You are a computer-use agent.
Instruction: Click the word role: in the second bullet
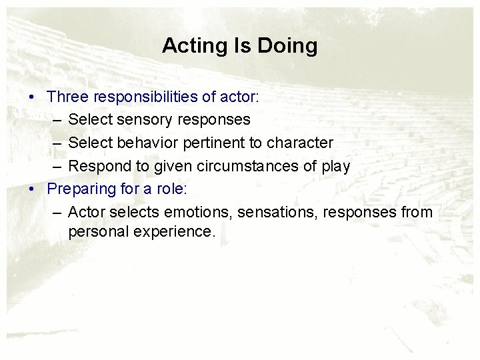point(172,189)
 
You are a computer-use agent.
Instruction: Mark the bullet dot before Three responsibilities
point(32,97)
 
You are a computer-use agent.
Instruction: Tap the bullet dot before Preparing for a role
point(32,190)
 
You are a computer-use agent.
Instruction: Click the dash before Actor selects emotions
point(55,213)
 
